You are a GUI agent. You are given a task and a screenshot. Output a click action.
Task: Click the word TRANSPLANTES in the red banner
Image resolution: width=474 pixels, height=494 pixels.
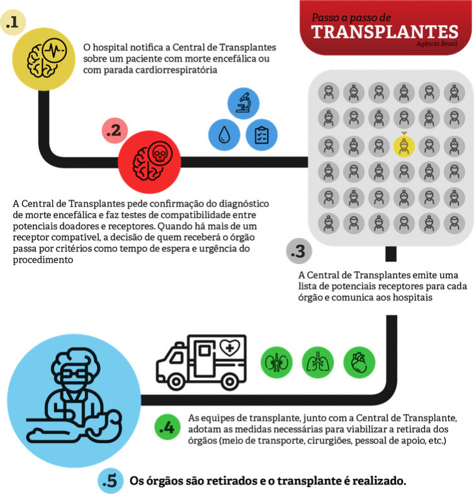385,32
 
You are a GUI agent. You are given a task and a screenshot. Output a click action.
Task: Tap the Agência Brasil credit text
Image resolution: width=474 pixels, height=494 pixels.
437,44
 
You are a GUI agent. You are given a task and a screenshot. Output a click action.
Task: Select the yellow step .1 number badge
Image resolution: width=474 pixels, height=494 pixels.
13,22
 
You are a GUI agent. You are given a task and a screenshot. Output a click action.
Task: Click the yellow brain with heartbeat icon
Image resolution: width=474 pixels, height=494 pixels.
44,59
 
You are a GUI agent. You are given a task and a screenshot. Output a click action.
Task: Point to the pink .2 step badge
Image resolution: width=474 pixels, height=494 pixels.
115,130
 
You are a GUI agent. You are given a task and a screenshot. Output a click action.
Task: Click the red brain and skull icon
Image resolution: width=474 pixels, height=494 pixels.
150,162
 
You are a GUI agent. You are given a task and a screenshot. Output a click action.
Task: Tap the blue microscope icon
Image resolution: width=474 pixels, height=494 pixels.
243,103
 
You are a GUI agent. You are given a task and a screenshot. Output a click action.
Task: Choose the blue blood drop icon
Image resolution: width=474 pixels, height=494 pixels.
224,135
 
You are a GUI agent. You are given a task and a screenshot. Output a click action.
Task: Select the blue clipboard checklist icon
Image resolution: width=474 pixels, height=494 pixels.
262,135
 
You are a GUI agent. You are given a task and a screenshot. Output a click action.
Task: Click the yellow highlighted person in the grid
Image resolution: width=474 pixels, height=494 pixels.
404,146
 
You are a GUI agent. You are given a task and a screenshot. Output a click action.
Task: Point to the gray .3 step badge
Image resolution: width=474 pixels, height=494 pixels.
298,251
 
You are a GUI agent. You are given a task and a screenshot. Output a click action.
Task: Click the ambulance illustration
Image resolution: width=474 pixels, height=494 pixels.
201,362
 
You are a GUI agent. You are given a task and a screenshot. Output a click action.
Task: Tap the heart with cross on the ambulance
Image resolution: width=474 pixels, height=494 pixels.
230,348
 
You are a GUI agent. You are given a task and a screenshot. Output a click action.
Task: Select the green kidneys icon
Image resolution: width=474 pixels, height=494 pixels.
277,362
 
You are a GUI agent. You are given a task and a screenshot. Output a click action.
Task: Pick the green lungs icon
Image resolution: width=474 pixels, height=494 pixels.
318,362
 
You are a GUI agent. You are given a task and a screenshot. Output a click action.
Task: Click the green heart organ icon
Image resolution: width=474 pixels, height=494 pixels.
359,362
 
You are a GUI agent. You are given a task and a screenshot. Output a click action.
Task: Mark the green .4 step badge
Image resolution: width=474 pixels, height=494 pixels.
167,427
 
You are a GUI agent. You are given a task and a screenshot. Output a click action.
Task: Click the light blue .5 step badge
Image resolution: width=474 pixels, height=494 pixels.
110,481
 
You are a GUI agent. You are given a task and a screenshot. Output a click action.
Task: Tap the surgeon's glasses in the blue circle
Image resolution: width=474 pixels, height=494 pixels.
74,374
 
